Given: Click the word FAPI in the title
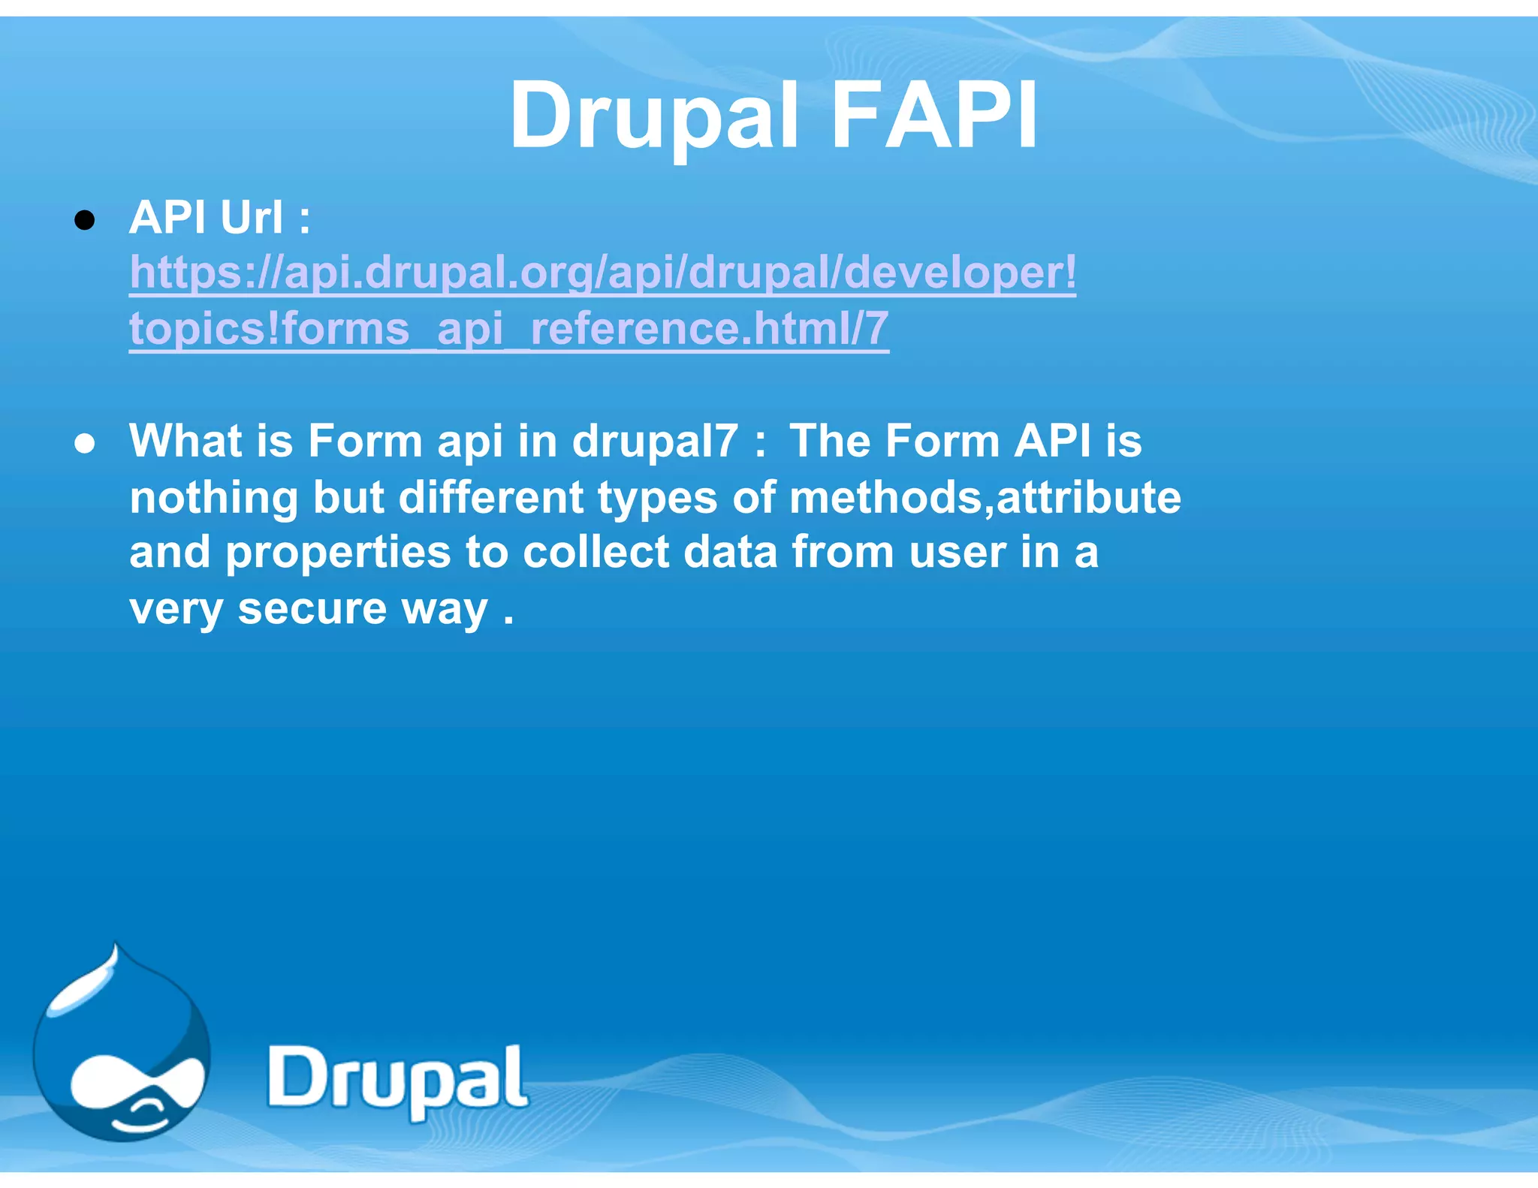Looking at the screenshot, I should coord(934,116).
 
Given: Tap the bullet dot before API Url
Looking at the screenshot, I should coord(85,220).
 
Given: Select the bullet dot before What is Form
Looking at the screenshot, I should coord(85,443).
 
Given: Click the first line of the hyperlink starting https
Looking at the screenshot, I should coord(602,272).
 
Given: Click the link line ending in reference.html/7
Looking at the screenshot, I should coord(508,328).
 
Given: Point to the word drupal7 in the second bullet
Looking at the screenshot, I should coord(655,441).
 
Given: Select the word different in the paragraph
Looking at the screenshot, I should coord(490,497).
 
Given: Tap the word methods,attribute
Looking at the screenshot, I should coord(985,497).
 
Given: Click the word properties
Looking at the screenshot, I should coord(338,553).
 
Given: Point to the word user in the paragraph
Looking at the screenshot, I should coord(957,553).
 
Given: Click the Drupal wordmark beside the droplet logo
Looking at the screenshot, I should coord(397,1080).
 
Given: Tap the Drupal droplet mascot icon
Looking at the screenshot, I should coord(120,1048).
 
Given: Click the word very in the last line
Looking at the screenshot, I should coord(176,609).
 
